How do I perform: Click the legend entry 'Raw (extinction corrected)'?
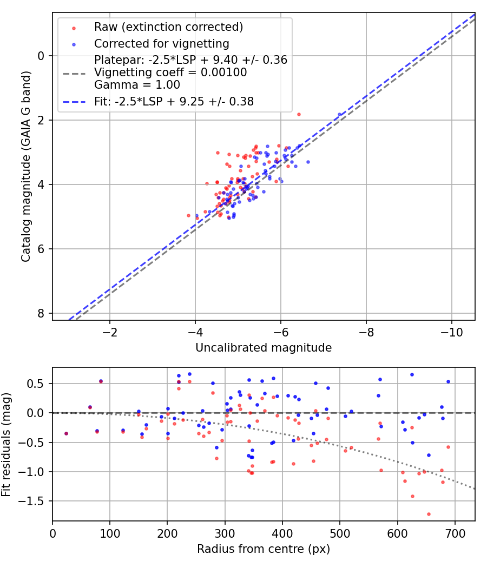click(x=168, y=27)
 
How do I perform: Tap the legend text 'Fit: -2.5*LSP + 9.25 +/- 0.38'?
click(x=174, y=101)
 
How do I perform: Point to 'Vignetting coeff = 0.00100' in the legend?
click(x=170, y=72)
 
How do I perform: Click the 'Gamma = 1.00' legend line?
click(x=137, y=85)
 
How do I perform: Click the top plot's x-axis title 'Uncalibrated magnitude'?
click(x=264, y=348)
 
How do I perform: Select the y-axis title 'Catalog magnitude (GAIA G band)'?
click(x=26, y=166)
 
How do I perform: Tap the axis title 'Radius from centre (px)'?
click(x=264, y=549)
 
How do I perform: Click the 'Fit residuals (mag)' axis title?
click(x=6, y=444)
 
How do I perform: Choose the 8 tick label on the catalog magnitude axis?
click(x=41, y=314)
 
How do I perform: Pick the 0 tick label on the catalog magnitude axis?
click(x=41, y=56)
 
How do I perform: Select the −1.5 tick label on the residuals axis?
click(x=34, y=501)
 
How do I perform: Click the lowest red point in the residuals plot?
click(x=429, y=514)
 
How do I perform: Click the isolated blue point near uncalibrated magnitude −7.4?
click(x=340, y=115)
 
